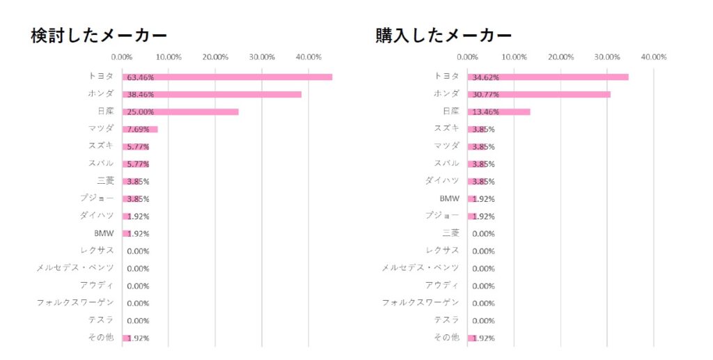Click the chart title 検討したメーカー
(x=99, y=36)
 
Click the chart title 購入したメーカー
(x=444, y=36)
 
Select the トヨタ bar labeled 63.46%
(x=227, y=77)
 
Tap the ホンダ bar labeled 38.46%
(x=212, y=94)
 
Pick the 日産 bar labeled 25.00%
(x=180, y=111)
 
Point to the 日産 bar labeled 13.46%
(x=499, y=111)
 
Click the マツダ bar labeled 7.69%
(x=140, y=129)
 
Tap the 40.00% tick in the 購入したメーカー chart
(x=654, y=57)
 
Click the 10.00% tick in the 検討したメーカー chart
(x=169, y=57)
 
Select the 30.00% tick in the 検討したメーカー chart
(x=262, y=57)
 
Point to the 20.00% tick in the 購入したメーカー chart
(x=561, y=57)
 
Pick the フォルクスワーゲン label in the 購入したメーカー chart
(x=421, y=302)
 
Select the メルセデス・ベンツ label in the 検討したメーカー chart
(x=75, y=267)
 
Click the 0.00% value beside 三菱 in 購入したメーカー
(x=483, y=234)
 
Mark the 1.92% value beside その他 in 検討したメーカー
(x=138, y=338)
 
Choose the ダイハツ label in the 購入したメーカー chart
(x=442, y=180)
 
